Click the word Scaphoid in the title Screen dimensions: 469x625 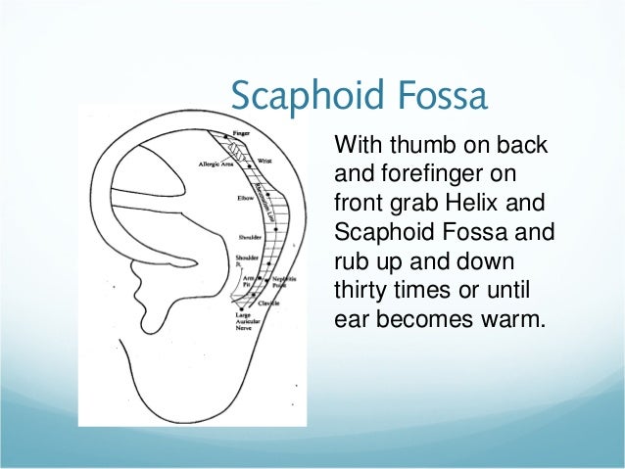[299, 96]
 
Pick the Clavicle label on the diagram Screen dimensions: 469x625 [270, 304]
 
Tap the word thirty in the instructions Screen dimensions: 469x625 [361, 291]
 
